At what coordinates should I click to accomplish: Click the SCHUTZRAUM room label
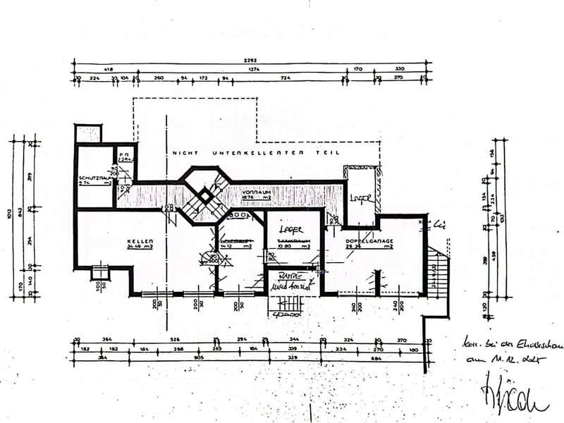[93, 177]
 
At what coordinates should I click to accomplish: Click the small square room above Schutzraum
[89, 133]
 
